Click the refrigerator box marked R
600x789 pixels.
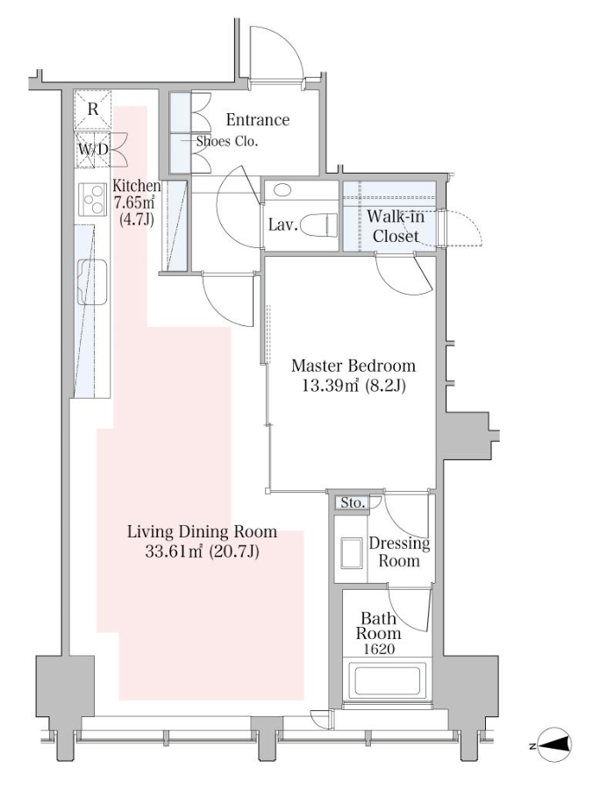point(93,110)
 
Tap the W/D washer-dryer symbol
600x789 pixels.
point(93,149)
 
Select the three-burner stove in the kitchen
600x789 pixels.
point(93,199)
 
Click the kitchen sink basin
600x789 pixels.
point(92,282)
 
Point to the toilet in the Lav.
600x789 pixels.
point(322,225)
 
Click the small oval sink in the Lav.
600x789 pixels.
point(282,190)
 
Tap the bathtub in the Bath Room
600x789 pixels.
point(387,680)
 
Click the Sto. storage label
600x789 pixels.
point(353,502)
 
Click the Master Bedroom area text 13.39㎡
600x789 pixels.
point(330,386)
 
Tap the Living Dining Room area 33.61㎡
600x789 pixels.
point(174,551)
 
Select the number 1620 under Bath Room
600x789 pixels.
point(379,650)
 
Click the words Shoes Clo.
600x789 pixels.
point(227,141)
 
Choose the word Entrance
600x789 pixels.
point(258,120)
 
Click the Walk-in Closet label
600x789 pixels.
point(396,226)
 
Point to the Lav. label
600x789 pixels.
point(283,224)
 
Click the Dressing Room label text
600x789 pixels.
point(399,551)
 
